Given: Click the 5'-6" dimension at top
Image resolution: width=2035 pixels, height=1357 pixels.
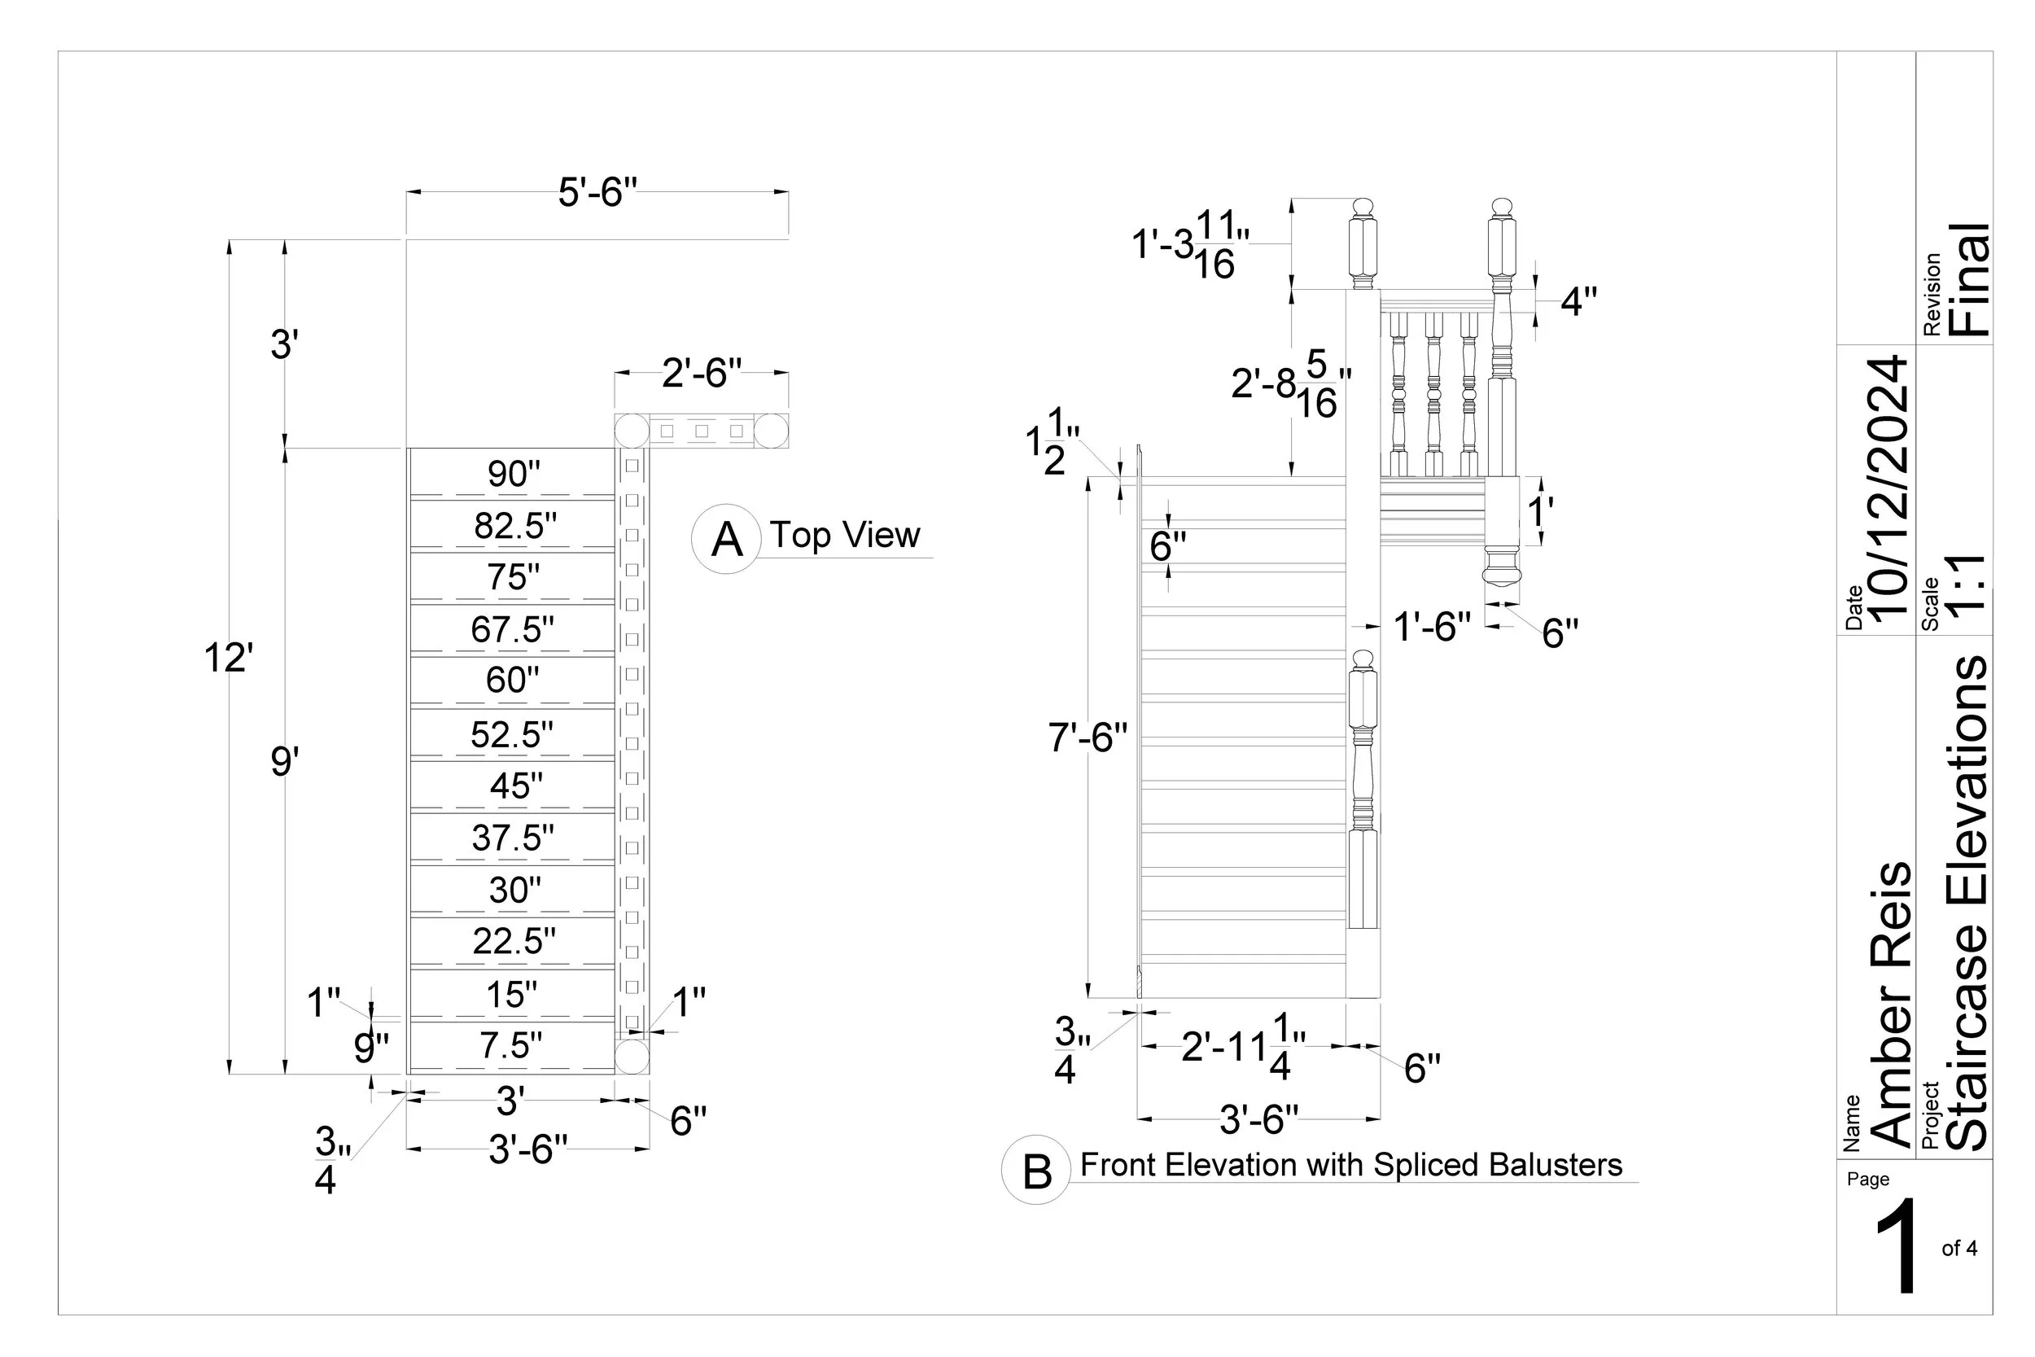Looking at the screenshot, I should click(x=597, y=192).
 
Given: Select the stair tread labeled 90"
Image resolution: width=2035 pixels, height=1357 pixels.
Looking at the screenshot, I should click(x=513, y=474).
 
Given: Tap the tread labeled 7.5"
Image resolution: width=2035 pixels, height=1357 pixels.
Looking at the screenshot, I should click(x=511, y=1045).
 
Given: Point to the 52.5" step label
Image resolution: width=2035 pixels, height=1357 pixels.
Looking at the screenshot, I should click(x=511, y=734).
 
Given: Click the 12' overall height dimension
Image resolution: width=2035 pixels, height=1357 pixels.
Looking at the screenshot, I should click(x=229, y=658).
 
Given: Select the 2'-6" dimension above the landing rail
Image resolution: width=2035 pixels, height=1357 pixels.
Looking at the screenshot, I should click(x=702, y=373).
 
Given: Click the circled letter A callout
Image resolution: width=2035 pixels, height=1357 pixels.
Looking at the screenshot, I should click(x=726, y=539).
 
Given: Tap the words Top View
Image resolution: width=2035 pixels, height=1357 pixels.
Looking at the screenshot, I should click(x=844, y=535).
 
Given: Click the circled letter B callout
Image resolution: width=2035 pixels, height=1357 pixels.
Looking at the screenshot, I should click(x=1036, y=1171).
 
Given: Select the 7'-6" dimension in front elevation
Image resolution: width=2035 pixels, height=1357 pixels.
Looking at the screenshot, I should click(x=1088, y=738).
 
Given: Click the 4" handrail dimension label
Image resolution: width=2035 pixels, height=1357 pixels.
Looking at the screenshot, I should click(x=1578, y=301).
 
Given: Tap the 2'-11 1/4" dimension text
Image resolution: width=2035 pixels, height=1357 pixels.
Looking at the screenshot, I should click(x=1243, y=1047).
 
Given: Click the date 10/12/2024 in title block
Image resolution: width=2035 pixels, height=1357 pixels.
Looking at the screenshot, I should click(x=1888, y=489).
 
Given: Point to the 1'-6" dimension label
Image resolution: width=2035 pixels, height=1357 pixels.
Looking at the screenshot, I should click(x=1432, y=627).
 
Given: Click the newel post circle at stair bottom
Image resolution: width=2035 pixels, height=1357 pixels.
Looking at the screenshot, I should click(x=632, y=1057).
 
